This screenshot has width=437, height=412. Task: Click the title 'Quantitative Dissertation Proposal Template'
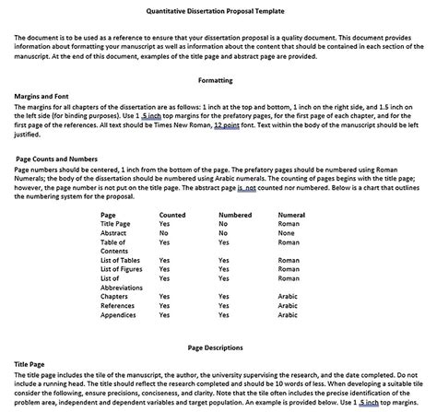218,10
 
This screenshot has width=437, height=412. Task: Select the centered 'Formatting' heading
217,80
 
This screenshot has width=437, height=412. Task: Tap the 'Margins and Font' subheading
42,96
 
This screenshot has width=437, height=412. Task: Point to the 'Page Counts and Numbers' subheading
53,159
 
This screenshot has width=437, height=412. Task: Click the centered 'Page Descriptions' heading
218,348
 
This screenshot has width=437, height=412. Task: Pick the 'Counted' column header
171,214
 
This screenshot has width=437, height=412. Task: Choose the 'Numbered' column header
235,214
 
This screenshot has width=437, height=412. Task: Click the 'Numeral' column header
291,214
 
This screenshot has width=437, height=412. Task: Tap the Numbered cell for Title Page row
223,223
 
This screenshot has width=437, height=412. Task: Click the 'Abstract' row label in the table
113,232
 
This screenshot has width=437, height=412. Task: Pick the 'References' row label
117,305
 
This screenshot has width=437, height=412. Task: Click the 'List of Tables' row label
121,260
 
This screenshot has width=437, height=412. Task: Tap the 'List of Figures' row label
122,269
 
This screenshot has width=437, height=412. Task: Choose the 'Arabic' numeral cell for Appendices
289,314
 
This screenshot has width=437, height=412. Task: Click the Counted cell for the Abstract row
163,232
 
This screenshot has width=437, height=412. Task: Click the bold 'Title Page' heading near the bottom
31,364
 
